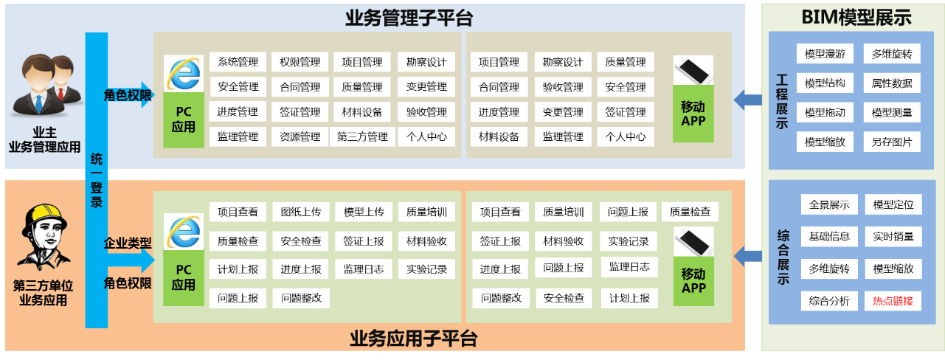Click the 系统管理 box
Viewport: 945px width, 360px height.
[238, 62]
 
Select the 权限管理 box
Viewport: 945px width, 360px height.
[300, 62]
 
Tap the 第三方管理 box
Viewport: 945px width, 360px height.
[362, 136]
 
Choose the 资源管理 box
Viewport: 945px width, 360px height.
[300, 136]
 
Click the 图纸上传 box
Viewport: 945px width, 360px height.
[300, 212]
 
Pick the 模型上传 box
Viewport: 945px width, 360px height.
[364, 212]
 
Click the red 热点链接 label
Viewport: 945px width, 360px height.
[893, 301]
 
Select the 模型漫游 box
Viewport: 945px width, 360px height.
[825, 54]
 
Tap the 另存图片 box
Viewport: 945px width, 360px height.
[892, 142]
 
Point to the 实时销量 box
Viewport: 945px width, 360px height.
[893, 237]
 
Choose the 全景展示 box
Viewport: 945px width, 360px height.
[828, 205]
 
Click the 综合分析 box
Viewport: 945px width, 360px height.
[828, 301]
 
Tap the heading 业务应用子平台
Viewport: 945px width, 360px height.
[412, 339]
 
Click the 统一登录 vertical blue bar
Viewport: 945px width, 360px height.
[97, 181]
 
